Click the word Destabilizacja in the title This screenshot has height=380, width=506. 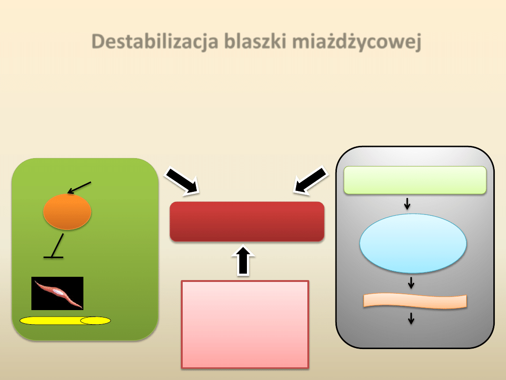point(155,42)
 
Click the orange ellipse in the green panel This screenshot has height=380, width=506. point(67,212)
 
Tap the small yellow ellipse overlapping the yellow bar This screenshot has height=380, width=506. point(96,321)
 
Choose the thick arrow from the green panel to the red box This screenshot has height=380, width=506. point(182,181)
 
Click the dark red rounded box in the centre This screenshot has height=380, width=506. point(247,221)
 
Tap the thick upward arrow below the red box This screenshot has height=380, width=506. point(243,261)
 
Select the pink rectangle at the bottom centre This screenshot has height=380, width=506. point(245,324)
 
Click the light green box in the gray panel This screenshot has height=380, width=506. point(415,180)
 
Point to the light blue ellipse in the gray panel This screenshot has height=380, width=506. point(413,243)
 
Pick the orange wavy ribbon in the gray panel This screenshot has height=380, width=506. point(416,301)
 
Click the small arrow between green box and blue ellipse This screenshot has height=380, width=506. point(407,204)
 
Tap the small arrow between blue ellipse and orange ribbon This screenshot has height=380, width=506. point(411,282)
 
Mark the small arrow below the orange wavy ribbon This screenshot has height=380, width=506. point(411,319)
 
